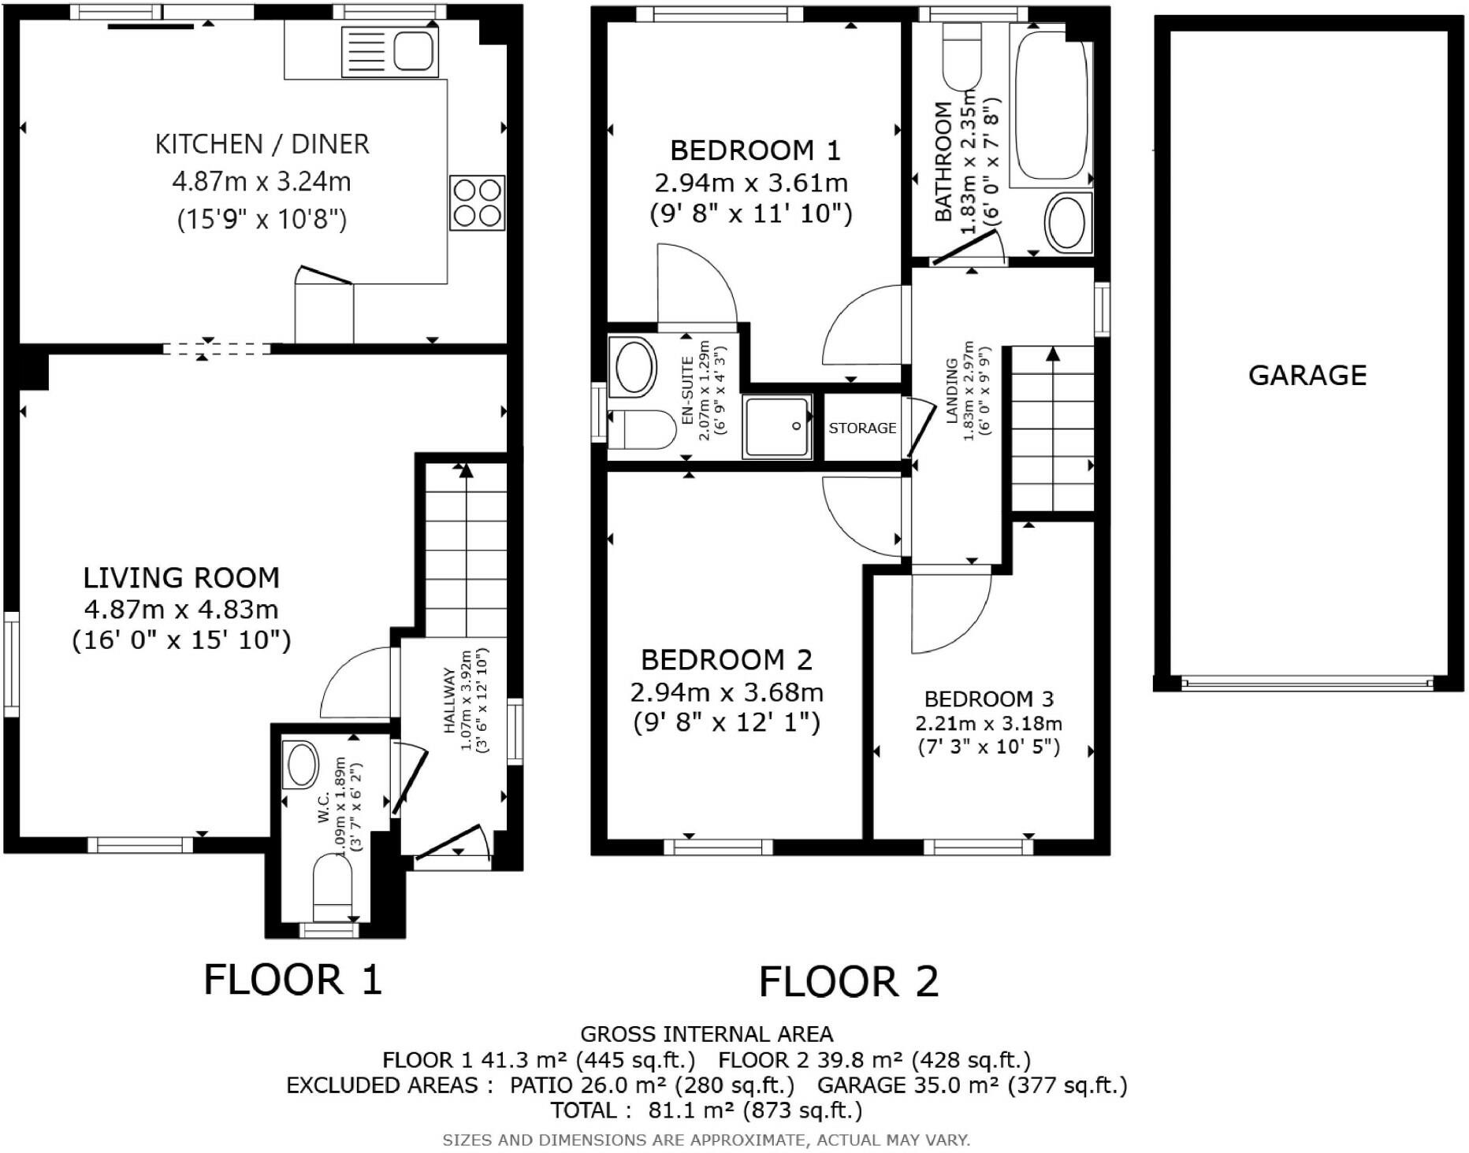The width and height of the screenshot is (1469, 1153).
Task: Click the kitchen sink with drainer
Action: click(x=390, y=51)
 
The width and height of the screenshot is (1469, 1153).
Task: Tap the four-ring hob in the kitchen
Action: click(x=477, y=202)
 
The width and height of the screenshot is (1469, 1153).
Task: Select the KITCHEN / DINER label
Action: click(x=262, y=144)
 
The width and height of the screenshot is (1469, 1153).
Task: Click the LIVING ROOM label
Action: click(x=181, y=577)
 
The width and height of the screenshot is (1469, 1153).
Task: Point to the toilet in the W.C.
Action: click(x=333, y=889)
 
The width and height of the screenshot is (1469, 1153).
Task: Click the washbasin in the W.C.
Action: click(x=301, y=763)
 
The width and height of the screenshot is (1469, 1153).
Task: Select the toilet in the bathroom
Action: click(x=961, y=56)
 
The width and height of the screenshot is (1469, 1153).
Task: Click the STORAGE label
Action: click(x=862, y=428)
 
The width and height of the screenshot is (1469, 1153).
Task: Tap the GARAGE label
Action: click(x=1307, y=375)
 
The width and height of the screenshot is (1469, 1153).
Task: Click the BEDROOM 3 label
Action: click(x=989, y=699)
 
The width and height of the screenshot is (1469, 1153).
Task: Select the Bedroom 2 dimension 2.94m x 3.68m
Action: click(x=727, y=692)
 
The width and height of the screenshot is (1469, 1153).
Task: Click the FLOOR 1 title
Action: click(x=293, y=980)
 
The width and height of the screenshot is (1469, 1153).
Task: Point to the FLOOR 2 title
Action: click(x=849, y=981)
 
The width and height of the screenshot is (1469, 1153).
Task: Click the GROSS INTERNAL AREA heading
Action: click(x=706, y=1034)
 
